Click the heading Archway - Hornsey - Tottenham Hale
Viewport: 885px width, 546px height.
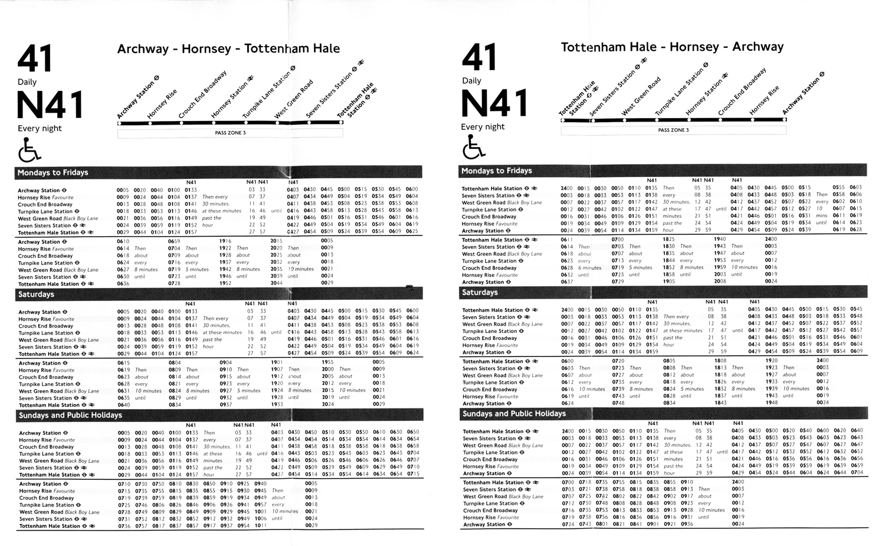tap(228, 49)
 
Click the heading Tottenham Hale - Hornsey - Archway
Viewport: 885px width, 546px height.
tap(672, 47)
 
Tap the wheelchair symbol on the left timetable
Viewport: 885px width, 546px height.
tap(29, 150)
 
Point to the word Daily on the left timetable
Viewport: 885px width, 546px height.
tap(27, 82)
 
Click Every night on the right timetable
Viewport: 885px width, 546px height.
tap(483, 127)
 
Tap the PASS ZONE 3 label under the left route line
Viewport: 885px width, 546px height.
tap(230, 133)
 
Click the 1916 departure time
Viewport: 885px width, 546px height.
tap(225, 241)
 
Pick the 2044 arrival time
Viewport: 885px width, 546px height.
tap(276, 283)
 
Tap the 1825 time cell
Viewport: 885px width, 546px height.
tap(668, 240)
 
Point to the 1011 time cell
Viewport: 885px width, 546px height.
tap(260, 526)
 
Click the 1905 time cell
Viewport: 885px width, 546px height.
tap(668, 282)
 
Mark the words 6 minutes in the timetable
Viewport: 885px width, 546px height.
tap(589, 267)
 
